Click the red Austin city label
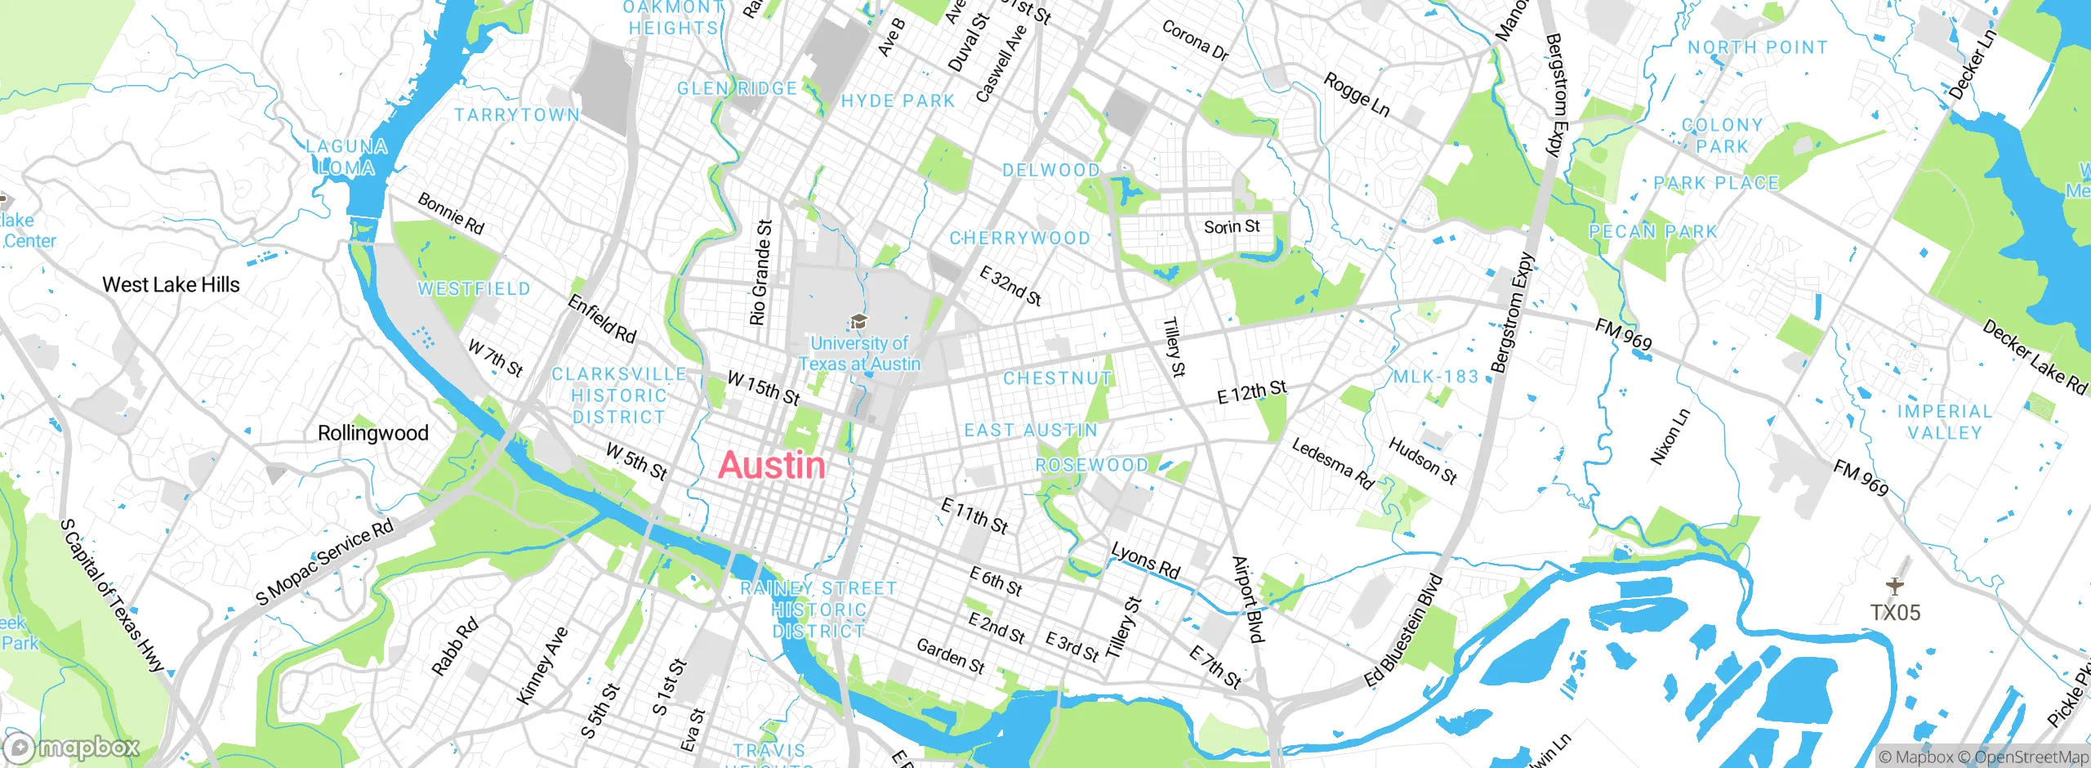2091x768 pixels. (x=772, y=466)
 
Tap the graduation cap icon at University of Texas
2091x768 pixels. (x=858, y=321)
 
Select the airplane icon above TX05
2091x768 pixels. (x=1895, y=586)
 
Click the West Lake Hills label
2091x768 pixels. (x=172, y=285)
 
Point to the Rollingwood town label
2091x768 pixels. (x=372, y=433)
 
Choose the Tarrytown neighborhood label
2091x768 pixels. (x=517, y=115)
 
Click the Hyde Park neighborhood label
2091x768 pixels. (x=898, y=101)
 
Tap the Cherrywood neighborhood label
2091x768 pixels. (x=1019, y=239)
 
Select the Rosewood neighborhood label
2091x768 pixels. (x=1091, y=466)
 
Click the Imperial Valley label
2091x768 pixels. (x=1944, y=422)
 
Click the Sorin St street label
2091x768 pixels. (x=1232, y=226)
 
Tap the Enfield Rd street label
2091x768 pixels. (x=601, y=319)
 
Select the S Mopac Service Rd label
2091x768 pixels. (x=324, y=562)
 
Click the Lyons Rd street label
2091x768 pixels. (x=1145, y=560)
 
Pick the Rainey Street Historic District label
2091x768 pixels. (x=818, y=609)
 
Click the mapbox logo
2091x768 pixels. (x=72, y=748)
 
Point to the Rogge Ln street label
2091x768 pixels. (x=1356, y=95)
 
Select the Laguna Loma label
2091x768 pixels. (x=347, y=157)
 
